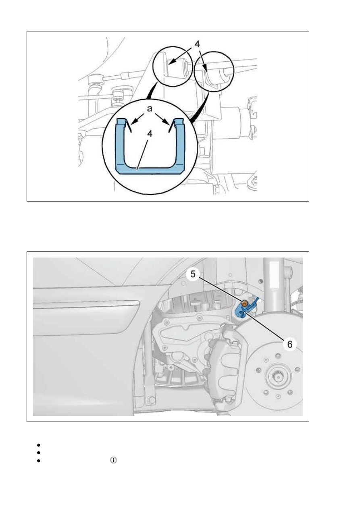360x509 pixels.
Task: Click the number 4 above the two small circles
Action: coord(197,44)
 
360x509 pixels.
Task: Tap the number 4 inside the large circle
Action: coord(150,134)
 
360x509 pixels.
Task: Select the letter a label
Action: coord(149,109)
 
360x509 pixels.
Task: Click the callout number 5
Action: coord(193,274)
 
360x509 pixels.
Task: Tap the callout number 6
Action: coord(289,344)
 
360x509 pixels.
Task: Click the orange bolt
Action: coord(244,303)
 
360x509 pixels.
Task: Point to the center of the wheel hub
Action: coord(277,378)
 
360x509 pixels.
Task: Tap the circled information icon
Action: coord(113,460)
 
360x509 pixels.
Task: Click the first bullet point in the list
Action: coord(38,445)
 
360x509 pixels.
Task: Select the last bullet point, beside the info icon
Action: coord(38,461)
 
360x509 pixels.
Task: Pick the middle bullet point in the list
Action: coord(38,453)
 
